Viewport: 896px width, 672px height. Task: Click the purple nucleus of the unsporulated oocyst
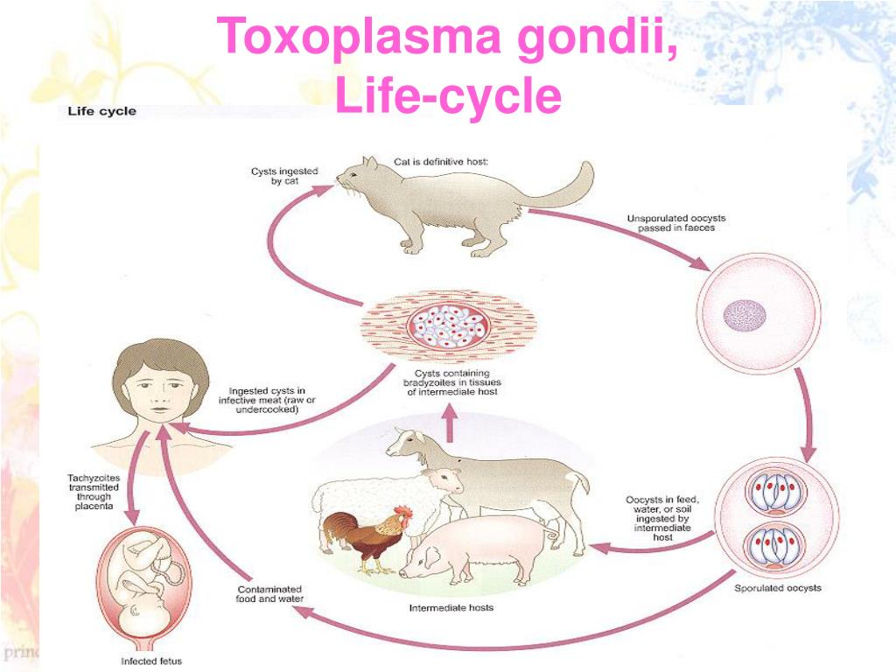point(745,315)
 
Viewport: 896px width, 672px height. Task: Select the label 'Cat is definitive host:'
point(441,162)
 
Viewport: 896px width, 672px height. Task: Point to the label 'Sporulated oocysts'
point(778,588)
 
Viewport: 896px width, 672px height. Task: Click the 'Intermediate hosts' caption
point(451,608)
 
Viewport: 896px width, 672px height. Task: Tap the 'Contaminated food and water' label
point(269,594)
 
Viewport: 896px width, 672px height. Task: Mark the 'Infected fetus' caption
point(151,661)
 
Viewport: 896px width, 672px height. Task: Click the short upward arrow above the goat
point(450,423)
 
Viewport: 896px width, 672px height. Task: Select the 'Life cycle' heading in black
point(101,111)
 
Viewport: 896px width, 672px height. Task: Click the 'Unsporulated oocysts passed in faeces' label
point(676,223)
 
